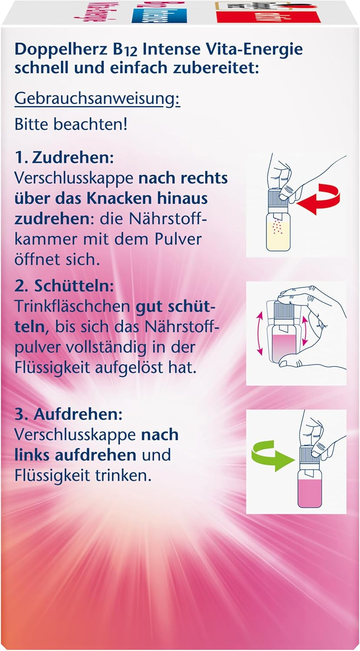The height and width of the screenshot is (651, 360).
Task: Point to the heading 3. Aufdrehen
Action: pyautogui.click(x=69, y=415)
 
